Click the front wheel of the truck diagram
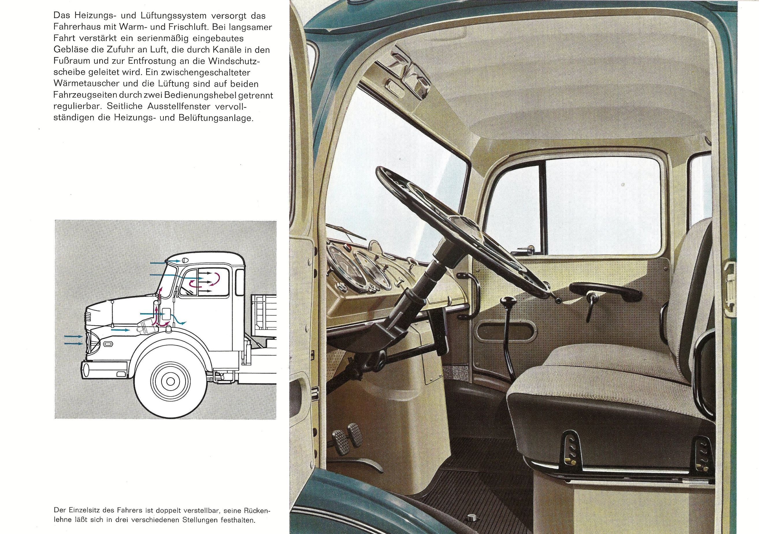click(170, 381)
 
